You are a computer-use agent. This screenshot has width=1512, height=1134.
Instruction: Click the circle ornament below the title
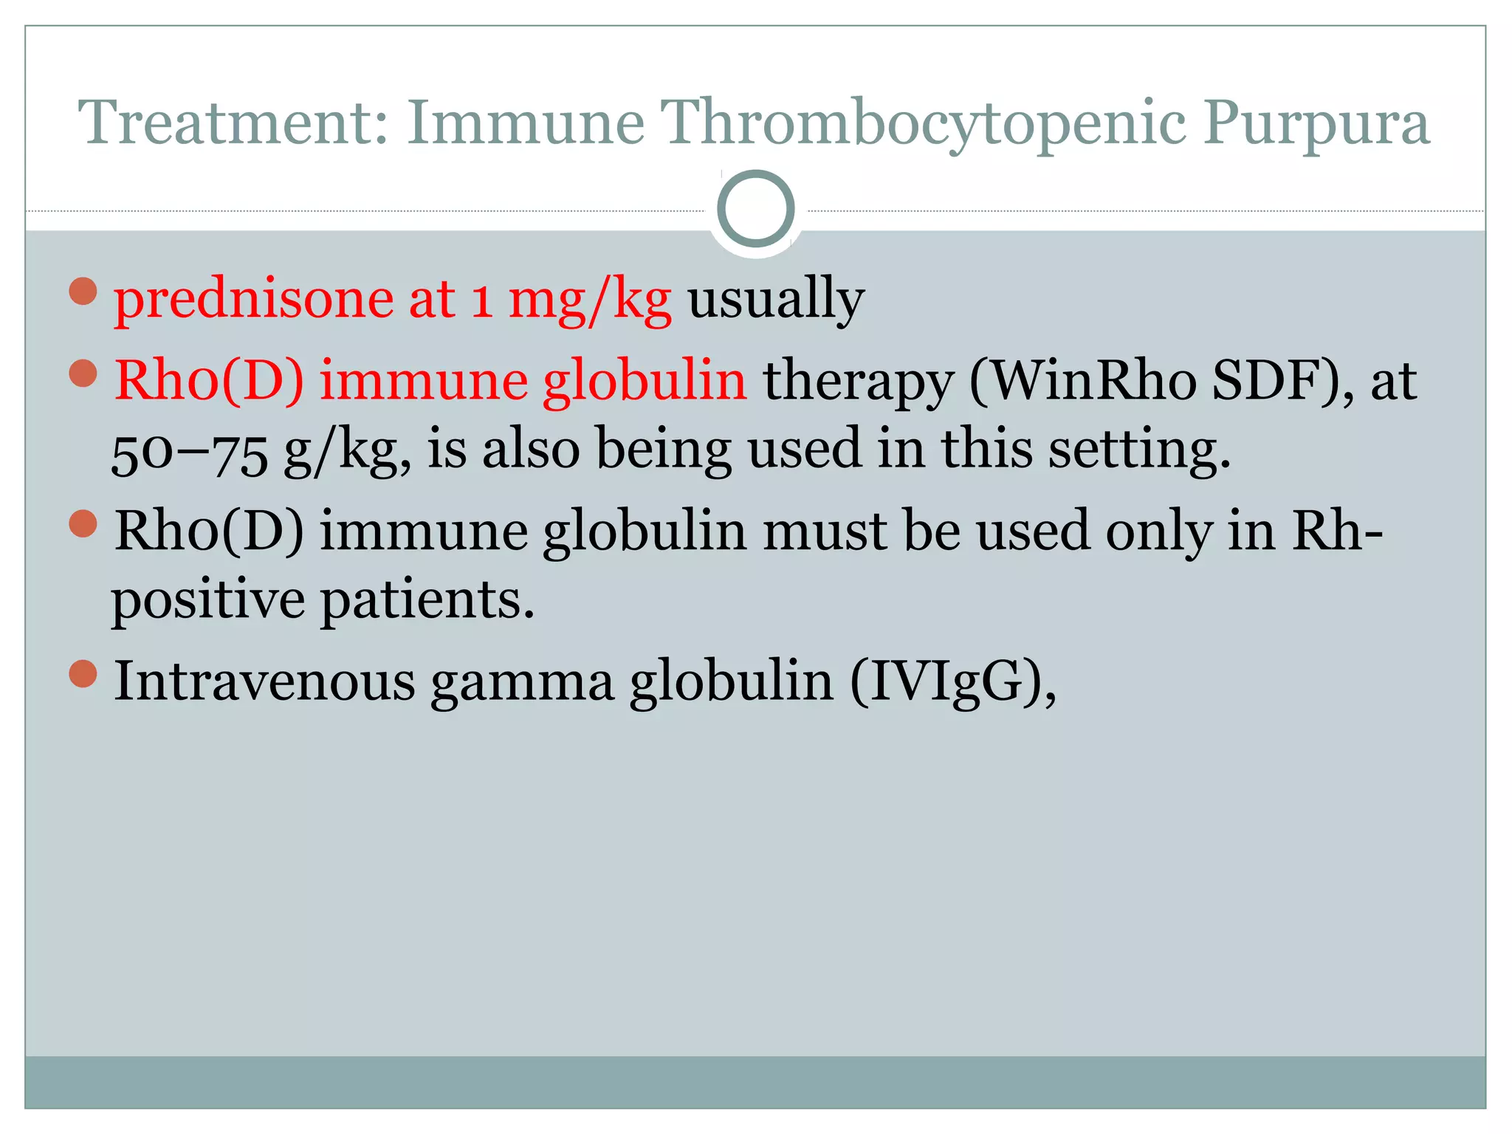click(x=756, y=209)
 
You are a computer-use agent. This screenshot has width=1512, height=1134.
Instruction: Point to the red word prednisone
click(x=253, y=300)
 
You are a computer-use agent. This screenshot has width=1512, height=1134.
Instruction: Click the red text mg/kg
click(x=590, y=300)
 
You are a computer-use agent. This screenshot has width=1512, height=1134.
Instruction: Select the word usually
click(x=776, y=300)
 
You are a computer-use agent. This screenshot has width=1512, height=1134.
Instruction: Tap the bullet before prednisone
click(x=83, y=291)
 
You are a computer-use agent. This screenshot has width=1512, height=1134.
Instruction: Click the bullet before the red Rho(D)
click(x=83, y=374)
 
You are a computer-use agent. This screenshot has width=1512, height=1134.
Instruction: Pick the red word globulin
click(x=645, y=381)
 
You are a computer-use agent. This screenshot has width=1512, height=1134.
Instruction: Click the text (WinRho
click(x=1082, y=381)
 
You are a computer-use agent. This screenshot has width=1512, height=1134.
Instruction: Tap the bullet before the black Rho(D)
click(x=83, y=523)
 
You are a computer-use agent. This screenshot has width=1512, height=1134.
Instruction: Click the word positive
click(x=207, y=599)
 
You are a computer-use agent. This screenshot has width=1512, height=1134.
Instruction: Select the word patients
click(x=427, y=599)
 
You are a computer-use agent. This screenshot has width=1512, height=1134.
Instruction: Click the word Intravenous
click(x=264, y=681)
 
